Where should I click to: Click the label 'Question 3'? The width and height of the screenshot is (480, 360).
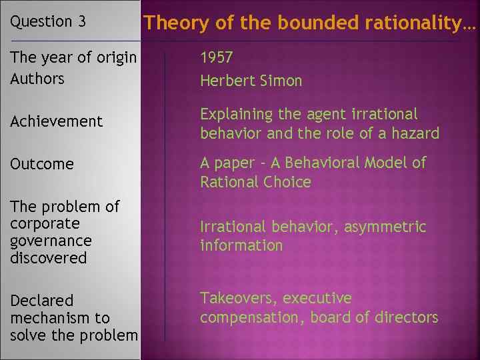coord(48,21)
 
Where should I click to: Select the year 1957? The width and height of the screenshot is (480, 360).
coord(217,58)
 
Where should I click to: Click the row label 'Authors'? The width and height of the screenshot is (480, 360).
coord(37,79)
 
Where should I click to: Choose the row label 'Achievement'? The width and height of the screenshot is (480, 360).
coord(57,121)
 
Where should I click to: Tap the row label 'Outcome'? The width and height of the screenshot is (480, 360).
coord(42,164)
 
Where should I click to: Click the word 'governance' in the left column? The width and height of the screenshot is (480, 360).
coord(51,241)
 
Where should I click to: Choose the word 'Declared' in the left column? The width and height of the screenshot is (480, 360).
coord(41,301)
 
